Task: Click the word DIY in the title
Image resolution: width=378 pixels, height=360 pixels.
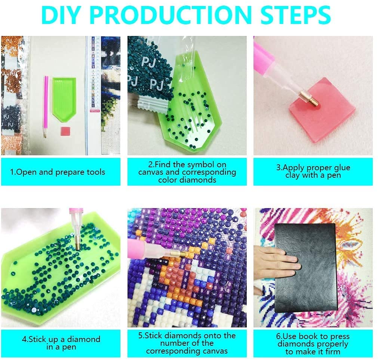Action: [x=61, y=15]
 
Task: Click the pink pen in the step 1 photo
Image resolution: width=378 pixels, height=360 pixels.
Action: [x=46, y=107]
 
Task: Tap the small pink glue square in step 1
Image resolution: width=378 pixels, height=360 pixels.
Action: [x=65, y=131]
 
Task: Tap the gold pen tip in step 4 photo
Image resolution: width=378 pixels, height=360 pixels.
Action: [x=78, y=244]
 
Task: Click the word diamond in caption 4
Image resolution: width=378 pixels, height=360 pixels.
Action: [x=84, y=339]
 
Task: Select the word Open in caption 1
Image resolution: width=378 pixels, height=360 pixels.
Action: [x=27, y=172]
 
